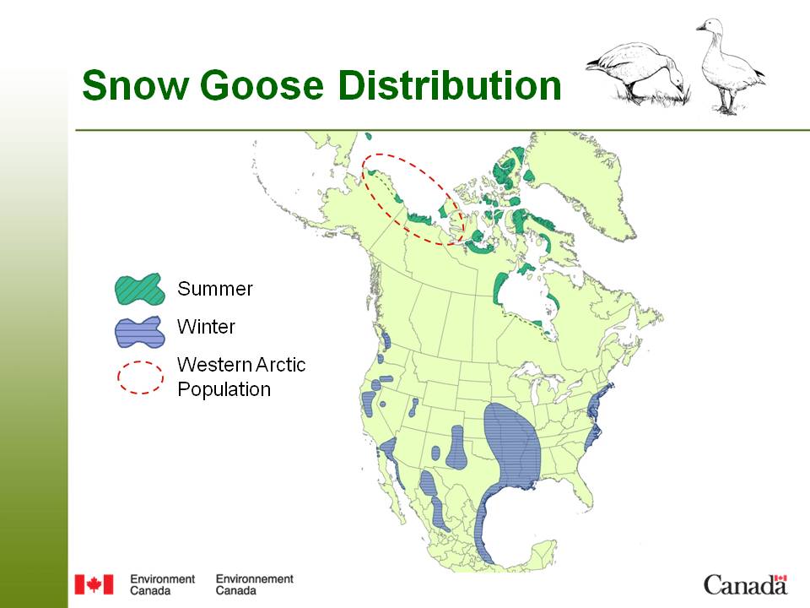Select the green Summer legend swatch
point(138,290)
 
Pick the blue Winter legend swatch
point(138,331)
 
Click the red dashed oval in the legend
point(139,377)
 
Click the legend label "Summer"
point(214,290)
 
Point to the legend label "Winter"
point(206,327)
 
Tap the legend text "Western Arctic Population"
point(240,377)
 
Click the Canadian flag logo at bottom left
point(93,584)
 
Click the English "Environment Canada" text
point(162,584)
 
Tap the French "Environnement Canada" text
point(254,584)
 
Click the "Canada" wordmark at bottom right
point(745,584)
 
